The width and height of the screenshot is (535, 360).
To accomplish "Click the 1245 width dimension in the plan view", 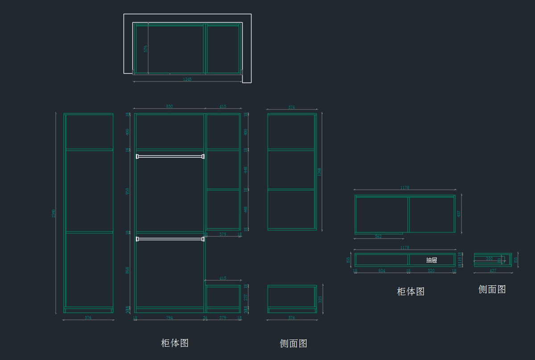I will [187, 79].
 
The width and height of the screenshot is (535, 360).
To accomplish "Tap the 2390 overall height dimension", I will [54, 213].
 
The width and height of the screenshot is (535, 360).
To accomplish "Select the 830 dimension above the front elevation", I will [169, 106].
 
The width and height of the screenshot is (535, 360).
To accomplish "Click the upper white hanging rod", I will [170, 156].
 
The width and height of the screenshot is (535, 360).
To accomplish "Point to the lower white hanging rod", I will [170, 239].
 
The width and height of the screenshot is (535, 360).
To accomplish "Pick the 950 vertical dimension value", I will [128, 191].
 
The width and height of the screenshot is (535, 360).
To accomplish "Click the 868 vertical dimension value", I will [128, 270].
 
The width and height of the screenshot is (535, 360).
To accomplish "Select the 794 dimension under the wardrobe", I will [169, 318].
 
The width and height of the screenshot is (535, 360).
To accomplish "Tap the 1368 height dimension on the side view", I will [319, 172].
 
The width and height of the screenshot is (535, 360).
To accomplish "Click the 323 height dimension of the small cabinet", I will [320, 299].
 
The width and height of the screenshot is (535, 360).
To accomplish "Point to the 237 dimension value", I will [246, 297].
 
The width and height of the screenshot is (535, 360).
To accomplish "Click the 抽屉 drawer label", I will [432, 260].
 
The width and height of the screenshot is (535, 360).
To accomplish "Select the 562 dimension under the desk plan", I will [378, 237].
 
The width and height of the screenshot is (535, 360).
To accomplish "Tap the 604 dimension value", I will [382, 271].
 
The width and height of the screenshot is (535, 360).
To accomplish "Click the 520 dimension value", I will [431, 271].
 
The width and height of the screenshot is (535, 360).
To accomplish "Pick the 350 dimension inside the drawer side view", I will [489, 258].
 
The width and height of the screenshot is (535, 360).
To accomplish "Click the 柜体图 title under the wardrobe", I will [175, 343].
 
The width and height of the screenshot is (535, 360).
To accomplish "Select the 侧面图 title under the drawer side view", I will [492, 290].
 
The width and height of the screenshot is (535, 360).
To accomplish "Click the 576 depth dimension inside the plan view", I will [145, 49].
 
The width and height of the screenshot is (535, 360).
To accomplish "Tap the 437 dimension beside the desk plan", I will [459, 214].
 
